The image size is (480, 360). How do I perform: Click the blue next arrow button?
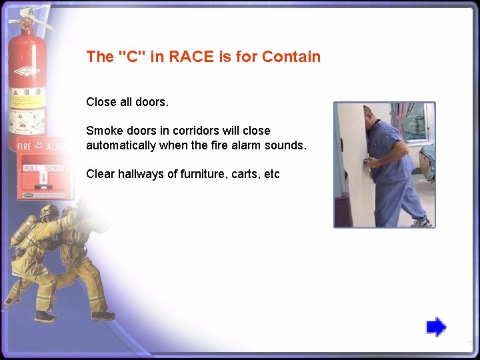click(436, 327)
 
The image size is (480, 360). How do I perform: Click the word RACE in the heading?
click(189, 57)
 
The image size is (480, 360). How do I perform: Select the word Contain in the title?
click(291, 57)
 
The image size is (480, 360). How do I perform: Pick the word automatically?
click(121, 145)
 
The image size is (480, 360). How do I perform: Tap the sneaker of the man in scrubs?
click(420, 222)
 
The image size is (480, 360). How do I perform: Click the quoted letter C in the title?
click(132, 57)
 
